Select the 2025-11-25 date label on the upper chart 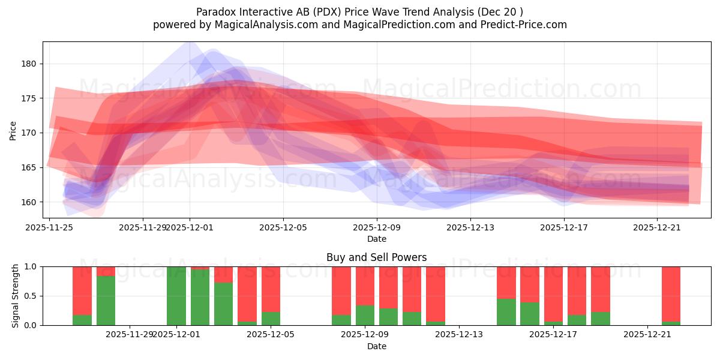coord(49,227)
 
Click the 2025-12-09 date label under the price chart coord(377,227)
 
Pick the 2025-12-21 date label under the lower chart coord(648,334)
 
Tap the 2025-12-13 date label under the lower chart coord(459,334)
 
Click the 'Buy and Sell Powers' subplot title coord(376,257)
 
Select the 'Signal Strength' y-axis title coord(16,296)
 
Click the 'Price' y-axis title coord(13,130)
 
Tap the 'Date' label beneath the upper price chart coord(376,239)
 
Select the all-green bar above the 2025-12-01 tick coord(176,296)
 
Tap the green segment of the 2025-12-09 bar coord(365,316)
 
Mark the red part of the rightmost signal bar coord(671,293)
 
